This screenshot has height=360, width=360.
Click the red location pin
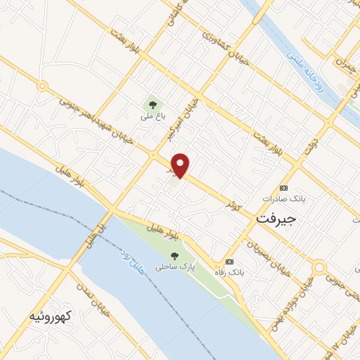click(181, 165)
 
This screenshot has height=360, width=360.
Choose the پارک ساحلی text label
click(175, 267)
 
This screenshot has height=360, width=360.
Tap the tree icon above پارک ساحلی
click(174, 255)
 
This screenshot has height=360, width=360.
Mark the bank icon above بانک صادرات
click(284, 188)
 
